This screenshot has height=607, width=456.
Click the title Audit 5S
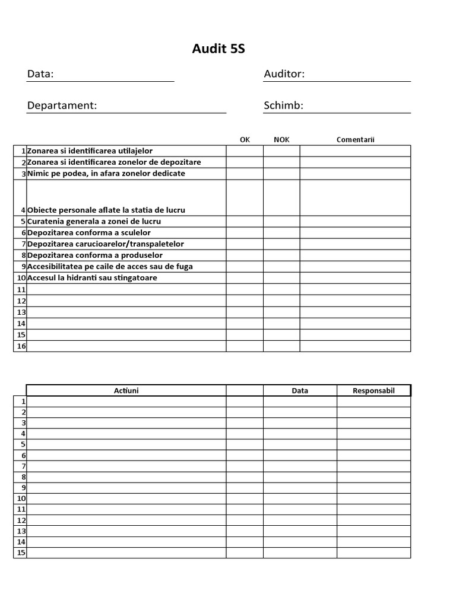click(x=218, y=49)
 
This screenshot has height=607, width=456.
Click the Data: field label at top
click(x=40, y=74)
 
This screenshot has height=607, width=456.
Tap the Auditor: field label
click(x=284, y=74)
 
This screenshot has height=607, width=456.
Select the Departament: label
click(x=62, y=106)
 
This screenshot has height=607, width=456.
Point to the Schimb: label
click(x=283, y=106)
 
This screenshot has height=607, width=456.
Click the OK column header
click(x=245, y=140)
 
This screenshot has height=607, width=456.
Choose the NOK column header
click(x=281, y=140)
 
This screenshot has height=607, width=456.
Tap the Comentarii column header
click(x=355, y=140)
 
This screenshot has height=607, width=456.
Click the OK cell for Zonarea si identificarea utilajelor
click(x=245, y=151)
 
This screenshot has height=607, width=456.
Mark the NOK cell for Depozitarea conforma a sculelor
click(x=281, y=233)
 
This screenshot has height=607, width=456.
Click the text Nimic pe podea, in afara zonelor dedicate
click(x=106, y=174)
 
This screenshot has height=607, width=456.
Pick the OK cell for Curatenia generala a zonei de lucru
click(x=245, y=221)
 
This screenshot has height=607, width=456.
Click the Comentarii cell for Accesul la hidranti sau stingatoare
click(x=355, y=278)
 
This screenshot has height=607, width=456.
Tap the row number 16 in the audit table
click(x=21, y=346)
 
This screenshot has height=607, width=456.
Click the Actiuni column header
click(x=126, y=391)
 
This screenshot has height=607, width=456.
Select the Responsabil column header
click(x=373, y=391)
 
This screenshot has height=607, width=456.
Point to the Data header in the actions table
click(x=300, y=391)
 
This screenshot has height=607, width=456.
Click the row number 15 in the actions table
click(x=21, y=553)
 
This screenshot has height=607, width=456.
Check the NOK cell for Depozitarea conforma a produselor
click(x=281, y=255)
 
